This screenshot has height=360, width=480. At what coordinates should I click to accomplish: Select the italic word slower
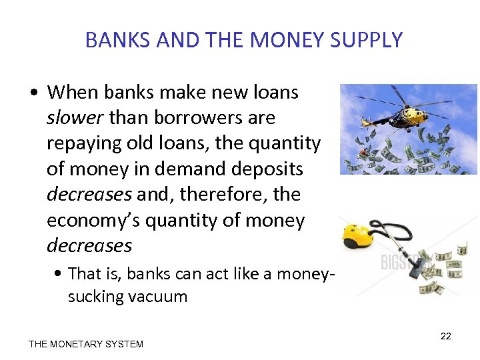click(x=75, y=118)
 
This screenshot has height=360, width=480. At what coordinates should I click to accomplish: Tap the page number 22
click(x=446, y=336)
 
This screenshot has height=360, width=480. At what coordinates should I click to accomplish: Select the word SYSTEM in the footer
click(x=125, y=344)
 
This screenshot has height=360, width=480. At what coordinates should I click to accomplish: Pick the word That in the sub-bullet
click(x=84, y=274)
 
